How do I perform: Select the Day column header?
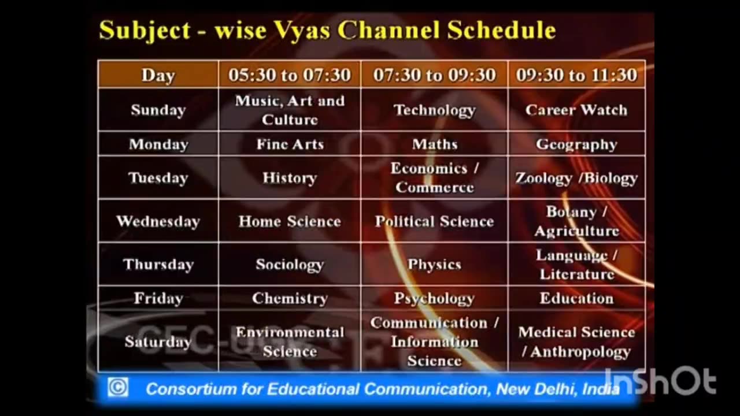[158, 75]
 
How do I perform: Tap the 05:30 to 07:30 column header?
[290, 75]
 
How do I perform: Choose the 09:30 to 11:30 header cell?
[576, 75]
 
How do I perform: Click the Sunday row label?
[158, 110]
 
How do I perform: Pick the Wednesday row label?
[158, 221]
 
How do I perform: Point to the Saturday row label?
[158, 341]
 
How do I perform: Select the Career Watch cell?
[576, 110]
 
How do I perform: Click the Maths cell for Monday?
[434, 144]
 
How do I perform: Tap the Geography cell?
[576, 144]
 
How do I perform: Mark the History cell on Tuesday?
[290, 177]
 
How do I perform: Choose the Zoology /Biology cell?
[576, 177]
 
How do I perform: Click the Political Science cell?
[434, 221]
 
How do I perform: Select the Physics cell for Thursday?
[434, 264]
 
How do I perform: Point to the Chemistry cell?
[290, 298]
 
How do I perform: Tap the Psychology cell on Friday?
[434, 298]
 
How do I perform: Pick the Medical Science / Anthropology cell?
[576, 341]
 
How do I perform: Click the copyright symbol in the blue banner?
[118, 387]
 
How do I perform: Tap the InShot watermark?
[660, 381]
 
